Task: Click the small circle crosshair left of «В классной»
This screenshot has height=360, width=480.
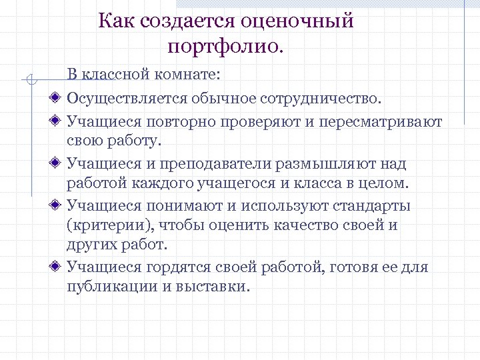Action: (x=29, y=81)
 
